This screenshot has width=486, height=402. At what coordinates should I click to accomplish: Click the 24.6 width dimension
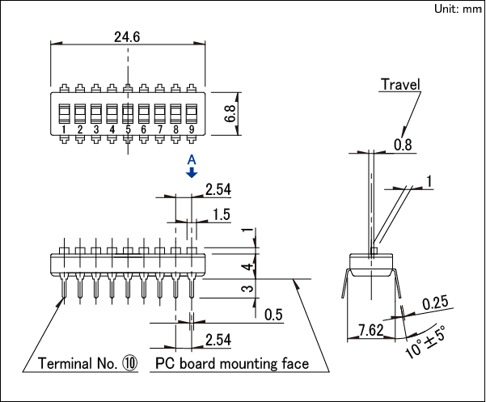click(127, 36)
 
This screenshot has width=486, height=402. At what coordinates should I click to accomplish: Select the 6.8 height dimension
click(230, 112)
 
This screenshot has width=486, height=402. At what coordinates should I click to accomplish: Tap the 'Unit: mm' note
click(457, 9)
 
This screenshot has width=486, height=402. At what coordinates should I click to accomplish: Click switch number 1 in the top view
click(64, 113)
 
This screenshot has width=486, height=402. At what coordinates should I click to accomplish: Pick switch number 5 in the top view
click(128, 113)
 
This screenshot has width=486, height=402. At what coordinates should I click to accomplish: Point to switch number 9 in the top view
click(191, 113)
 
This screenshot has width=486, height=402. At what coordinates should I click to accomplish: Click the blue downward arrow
click(192, 174)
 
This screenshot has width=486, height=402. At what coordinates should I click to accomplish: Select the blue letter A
click(192, 160)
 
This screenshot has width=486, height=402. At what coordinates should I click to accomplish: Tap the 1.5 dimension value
click(222, 214)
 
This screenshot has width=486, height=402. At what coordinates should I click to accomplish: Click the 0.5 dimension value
click(273, 315)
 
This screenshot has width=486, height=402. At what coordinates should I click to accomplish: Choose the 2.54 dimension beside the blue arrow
click(218, 190)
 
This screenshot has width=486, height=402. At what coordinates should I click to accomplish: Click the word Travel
click(400, 84)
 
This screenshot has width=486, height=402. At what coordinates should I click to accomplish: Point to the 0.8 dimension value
click(402, 145)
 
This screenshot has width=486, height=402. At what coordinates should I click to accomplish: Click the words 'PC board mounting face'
click(232, 364)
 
